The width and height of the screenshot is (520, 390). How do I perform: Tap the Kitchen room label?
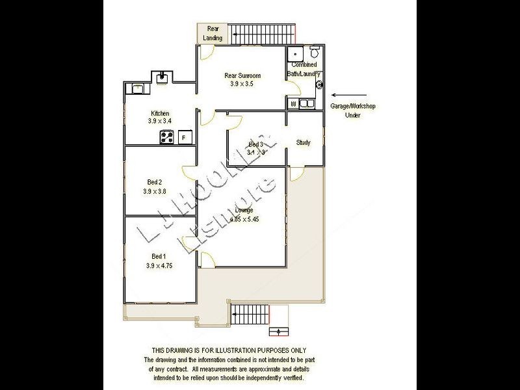click(160, 113)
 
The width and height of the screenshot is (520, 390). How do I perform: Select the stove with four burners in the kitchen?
click(167, 136)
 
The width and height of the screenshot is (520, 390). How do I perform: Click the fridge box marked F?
click(184, 137)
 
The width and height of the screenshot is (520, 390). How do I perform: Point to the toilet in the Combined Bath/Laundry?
click(315, 52)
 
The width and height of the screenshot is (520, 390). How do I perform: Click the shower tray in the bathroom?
click(296, 54)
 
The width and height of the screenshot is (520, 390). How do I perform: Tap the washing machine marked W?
click(294, 104)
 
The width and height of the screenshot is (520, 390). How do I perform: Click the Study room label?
click(303, 142)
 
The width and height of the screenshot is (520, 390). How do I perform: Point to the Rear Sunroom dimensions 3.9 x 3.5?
click(242, 84)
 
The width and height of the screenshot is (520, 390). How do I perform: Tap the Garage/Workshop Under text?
click(353, 110)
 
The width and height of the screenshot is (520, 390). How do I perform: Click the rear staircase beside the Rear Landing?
click(263, 33)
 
